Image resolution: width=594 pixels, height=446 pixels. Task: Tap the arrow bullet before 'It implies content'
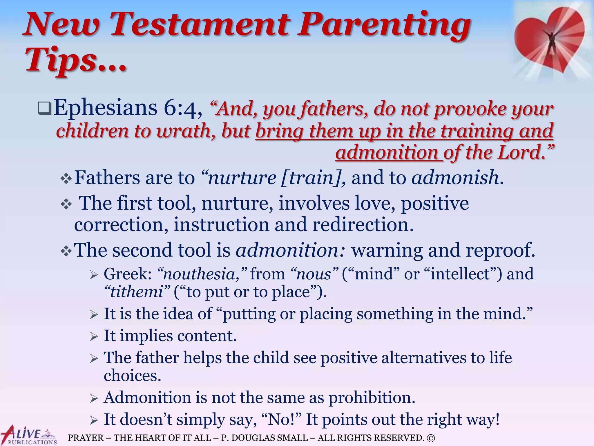pyautogui.click(x=94, y=337)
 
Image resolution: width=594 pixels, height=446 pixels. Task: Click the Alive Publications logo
pyautogui.click(x=29, y=436)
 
